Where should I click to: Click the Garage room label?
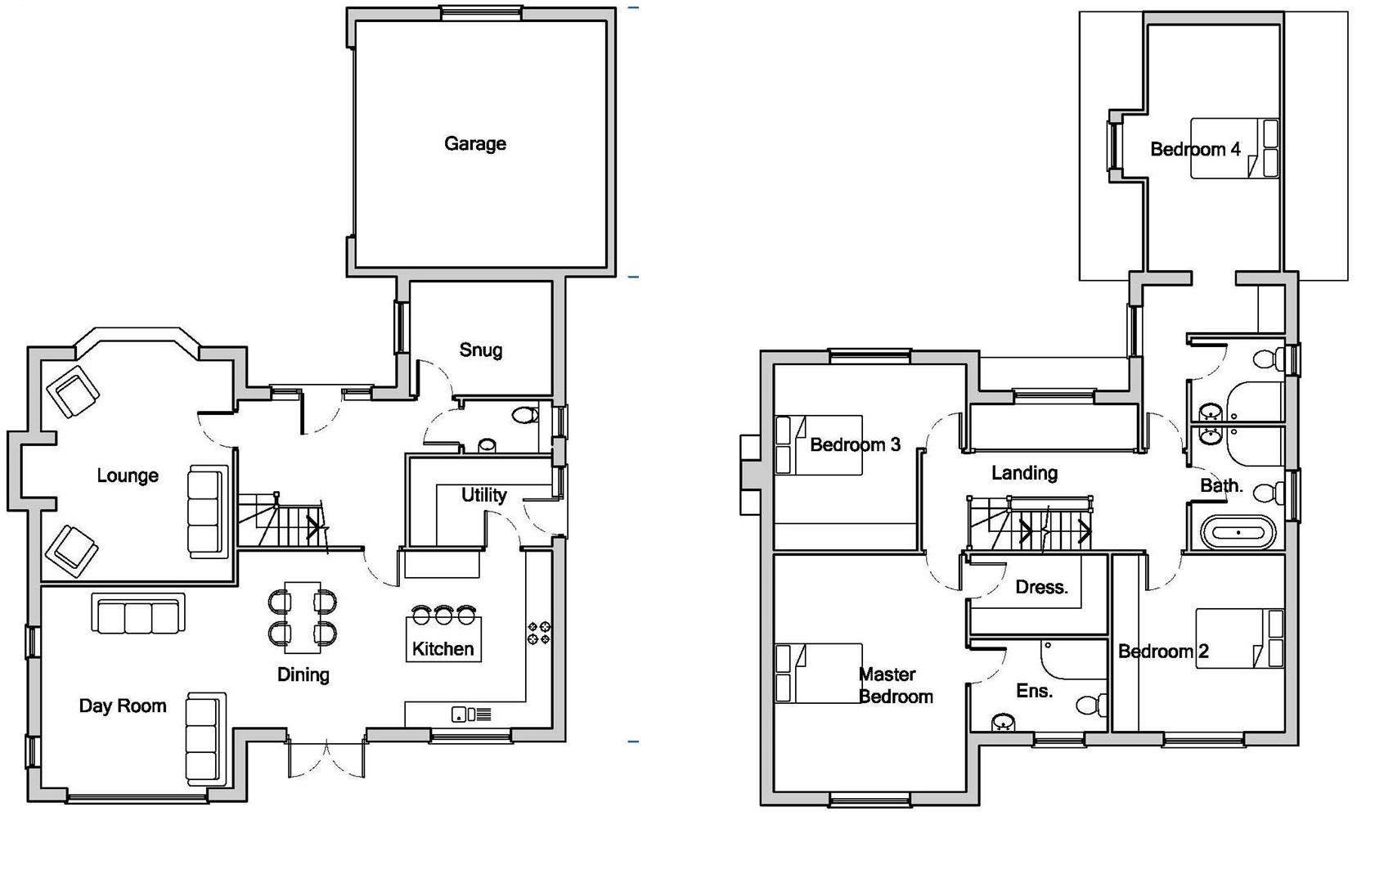pyautogui.click(x=474, y=144)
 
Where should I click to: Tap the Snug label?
pyautogui.click(x=480, y=350)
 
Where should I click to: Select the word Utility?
pyautogui.click(x=483, y=495)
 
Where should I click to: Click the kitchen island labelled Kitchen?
pyautogui.click(x=443, y=639)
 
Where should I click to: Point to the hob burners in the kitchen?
pyautogui.click(x=538, y=633)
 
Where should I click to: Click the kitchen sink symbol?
pyautogui.click(x=471, y=715)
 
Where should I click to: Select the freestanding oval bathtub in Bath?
pyautogui.click(x=1238, y=533)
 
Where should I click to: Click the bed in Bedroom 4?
pyautogui.click(x=1233, y=148)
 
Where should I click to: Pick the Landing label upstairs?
pyautogui.click(x=1024, y=473)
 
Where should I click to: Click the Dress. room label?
pyautogui.click(x=1041, y=588)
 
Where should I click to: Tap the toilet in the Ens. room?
pyautogui.click(x=1091, y=705)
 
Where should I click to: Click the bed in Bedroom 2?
pyautogui.click(x=1239, y=638)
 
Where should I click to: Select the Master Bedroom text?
pyautogui.click(x=895, y=686)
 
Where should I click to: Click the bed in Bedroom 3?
pyautogui.click(x=818, y=445)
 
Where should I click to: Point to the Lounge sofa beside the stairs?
pyautogui.click(x=207, y=512)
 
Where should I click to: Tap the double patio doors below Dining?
pyautogui.click(x=326, y=759)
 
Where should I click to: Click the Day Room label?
pyautogui.click(x=123, y=706)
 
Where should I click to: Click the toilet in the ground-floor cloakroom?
pyautogui.click(x=524, y=416)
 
